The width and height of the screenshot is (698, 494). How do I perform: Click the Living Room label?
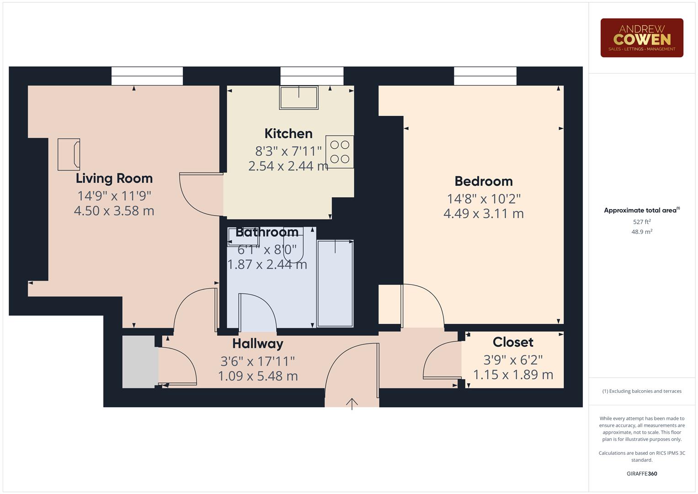point(114,178)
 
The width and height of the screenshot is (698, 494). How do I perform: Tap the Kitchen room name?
point(288,134)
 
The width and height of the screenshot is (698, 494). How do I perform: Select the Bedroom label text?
point(484,181)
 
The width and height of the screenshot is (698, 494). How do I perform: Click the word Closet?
point(513,342)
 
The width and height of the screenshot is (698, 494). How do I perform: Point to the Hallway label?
point(257,344)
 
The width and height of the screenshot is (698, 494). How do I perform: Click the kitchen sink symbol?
point(299,97)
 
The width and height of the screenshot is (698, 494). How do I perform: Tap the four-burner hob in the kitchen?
point(340,152)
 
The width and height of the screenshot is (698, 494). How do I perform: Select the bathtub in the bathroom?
point(335,284)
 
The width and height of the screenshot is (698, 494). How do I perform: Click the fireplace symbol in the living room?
point(69,155)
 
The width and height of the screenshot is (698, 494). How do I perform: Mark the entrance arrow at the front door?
point(352,403)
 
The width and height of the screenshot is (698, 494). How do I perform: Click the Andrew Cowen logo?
point(642,38)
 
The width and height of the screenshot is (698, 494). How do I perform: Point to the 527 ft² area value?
point(642,222)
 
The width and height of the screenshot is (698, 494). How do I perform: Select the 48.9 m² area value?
point(642,232)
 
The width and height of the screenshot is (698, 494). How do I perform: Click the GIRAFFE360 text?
point(642,473)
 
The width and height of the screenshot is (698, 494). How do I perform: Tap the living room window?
point(147,76)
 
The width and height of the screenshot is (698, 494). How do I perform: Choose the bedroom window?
point(485,76)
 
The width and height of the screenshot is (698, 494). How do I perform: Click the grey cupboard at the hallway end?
point(139,362)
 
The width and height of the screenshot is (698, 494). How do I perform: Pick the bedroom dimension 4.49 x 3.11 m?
point(484,214)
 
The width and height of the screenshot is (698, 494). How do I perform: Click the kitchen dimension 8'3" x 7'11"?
point(288,151)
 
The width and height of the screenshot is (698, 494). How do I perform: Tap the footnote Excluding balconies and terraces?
point(642,391)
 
